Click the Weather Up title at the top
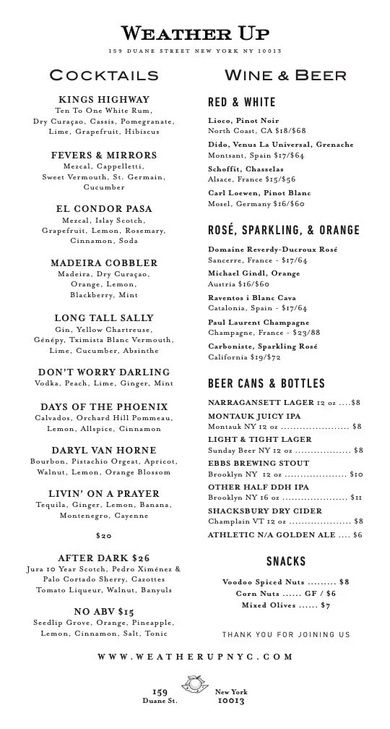195,33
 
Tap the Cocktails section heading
104,75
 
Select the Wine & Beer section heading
285,75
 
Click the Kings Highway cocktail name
104,99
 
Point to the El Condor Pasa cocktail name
104,209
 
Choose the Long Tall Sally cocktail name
104,317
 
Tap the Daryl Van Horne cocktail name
104,450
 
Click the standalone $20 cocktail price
104,536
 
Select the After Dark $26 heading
104,558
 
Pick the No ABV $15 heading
104,611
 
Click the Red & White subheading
241,103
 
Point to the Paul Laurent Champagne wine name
248,322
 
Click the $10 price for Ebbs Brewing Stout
356,474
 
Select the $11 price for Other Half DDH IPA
356,498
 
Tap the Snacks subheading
286,561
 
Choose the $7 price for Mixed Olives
325,605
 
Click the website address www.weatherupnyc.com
195,657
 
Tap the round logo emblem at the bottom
195,684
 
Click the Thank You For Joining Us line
286,634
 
